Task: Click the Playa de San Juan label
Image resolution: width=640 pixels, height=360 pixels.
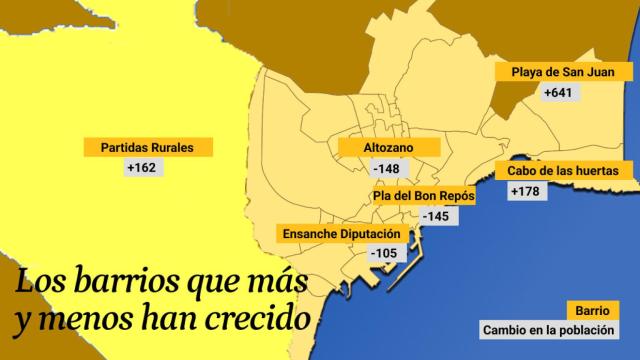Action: point(555,72)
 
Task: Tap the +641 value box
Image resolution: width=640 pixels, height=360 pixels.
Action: point(556,93)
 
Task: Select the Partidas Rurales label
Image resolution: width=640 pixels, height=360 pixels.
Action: point(147,147)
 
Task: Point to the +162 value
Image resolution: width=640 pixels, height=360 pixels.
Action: point(143,167)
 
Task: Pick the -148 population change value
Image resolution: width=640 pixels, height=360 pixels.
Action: point(385,168)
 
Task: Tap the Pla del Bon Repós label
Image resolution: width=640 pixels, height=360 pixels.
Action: point(423,196)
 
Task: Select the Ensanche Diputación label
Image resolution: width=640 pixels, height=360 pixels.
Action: point(340,234)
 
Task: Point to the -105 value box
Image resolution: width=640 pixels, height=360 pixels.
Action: point(384,254)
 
